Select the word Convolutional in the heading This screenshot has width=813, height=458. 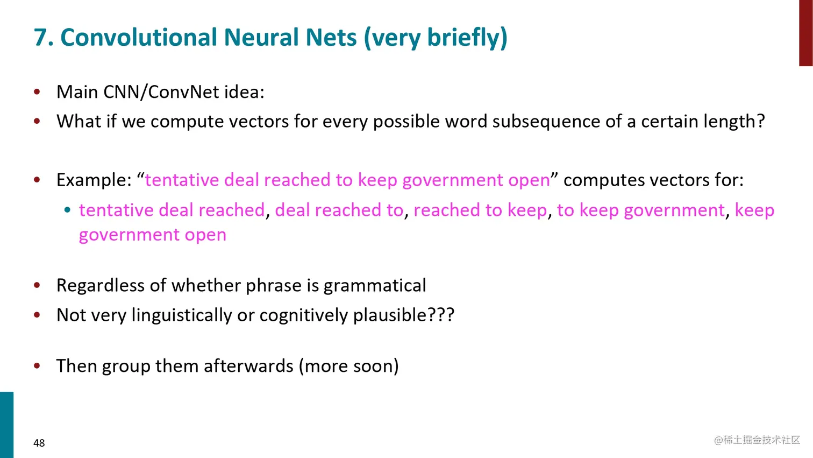pyautogui.click(x=139, y=38)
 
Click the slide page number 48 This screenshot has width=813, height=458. pyautogui.click(x=39, y=443)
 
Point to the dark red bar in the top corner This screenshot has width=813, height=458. pyautogui.click(x=805, y=33)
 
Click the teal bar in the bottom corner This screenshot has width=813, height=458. pyautogui.click(x=6, y=425)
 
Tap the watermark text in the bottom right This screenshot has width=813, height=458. pyautogui.click(x=757, y=440)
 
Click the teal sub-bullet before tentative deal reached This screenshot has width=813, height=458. pyautogui.click(x=67, y=210)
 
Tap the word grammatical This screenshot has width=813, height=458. pyautogui.click(x=375, y=285)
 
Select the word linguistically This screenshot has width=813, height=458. pyautogui.click(x=182, y=315)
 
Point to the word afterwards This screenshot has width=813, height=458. pyautogui.click(x=248, y=366)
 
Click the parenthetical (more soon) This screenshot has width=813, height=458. pyautogui.click(x=348, y=366)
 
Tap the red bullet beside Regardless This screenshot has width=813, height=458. pyautogui.click(x=37, y=285)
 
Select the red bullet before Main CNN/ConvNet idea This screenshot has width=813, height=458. pyautogui.click(x=37, y=91)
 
